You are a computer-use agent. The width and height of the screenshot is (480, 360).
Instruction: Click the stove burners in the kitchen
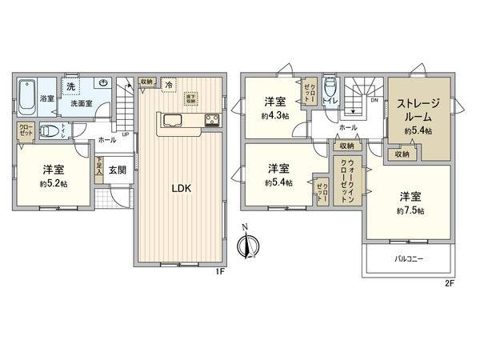(213, 122)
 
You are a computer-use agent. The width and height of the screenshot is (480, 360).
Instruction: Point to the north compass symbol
(247, 246)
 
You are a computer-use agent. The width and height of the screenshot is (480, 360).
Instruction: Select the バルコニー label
(408, 259)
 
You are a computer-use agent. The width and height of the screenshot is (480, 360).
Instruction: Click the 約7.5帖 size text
(408, 210)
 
